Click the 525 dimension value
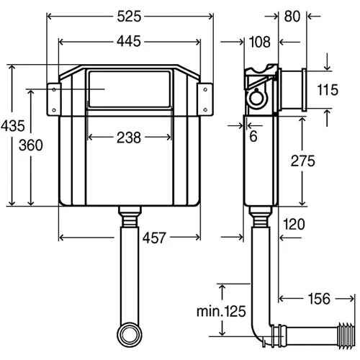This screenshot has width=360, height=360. [129, 17]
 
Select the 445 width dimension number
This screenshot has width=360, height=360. [129, 41]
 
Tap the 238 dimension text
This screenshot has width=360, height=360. [129, 138]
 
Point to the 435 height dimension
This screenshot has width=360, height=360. [12, 126]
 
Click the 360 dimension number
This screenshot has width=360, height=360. [31, 145]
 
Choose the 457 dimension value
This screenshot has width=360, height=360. [154, 238]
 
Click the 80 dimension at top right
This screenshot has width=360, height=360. [292, 17]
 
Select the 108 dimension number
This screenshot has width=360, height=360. [260, 42]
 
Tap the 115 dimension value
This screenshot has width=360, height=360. [328, 90]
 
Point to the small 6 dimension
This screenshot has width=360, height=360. [253, 136]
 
